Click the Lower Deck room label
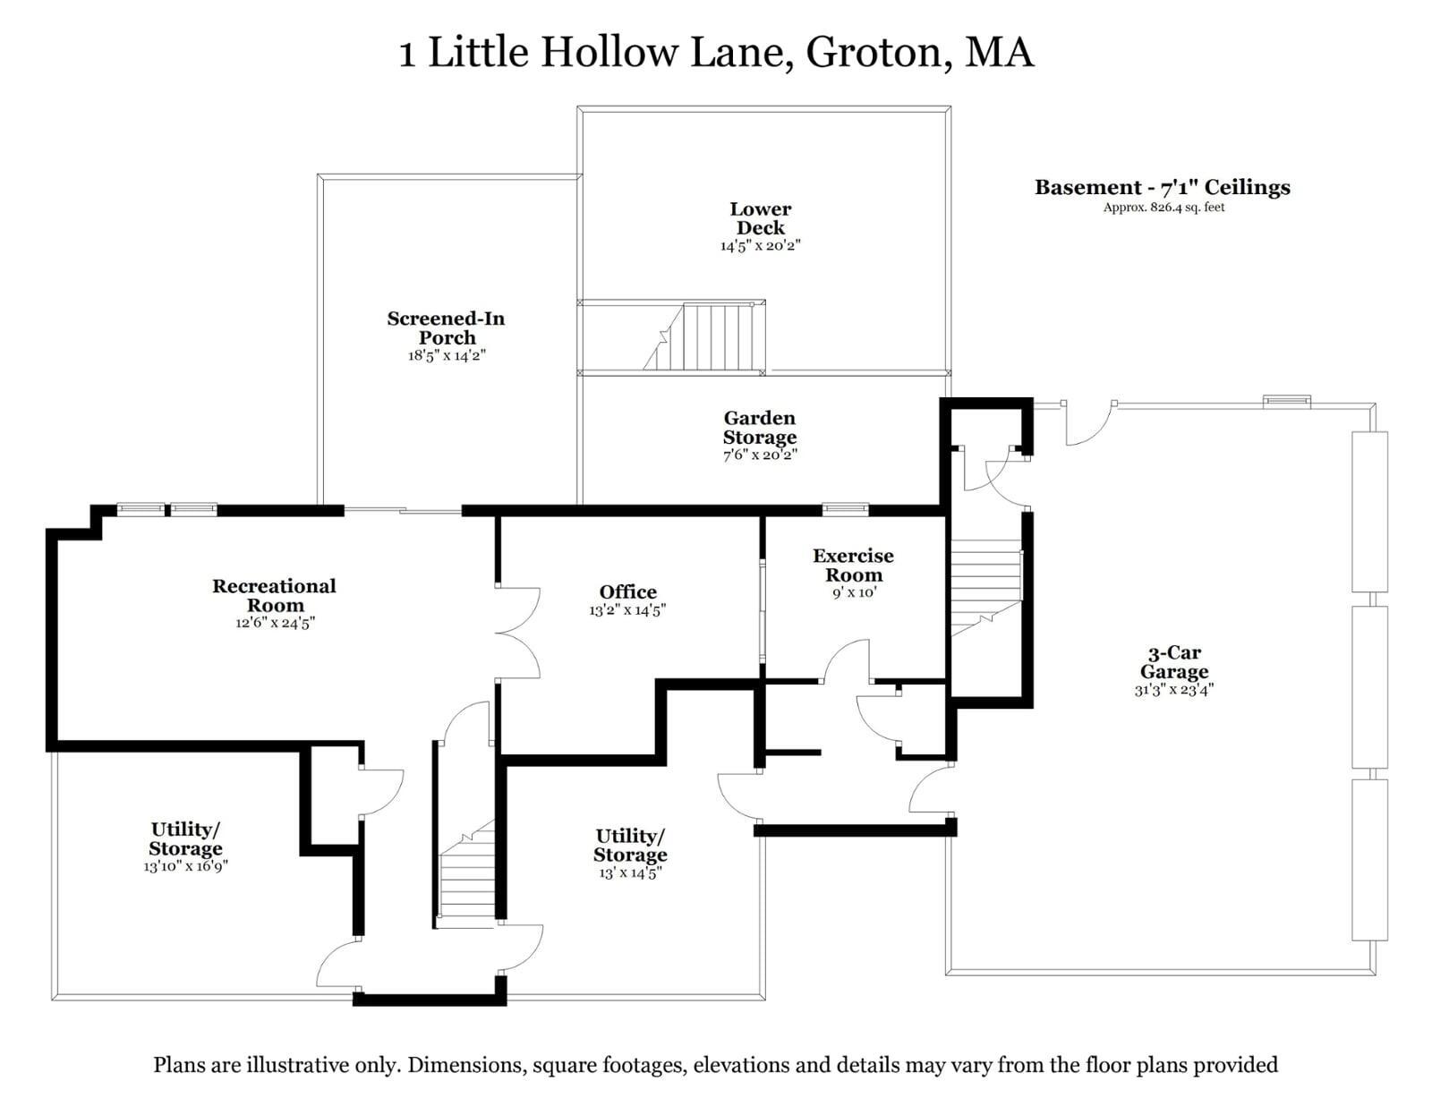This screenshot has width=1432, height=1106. pos(760,218)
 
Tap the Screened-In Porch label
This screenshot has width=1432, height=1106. pos(446,328)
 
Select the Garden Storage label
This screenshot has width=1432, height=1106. pos(760,428)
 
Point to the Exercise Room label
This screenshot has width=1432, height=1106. pos(853,566)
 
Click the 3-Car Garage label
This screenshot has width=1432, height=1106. pos(1174,662)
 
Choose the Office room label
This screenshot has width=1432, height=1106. pos(628,591)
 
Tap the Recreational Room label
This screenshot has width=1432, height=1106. pos(274,595)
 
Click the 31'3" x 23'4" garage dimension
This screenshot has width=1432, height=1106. pos(1174,689)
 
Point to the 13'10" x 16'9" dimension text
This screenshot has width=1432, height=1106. pos(186,866)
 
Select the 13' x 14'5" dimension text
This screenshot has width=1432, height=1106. pos(630,872)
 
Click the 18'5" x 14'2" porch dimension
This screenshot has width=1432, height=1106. pos(447,356)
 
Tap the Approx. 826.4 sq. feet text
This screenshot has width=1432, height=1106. pos(1163,207)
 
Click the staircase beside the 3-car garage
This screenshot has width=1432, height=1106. pos(986,588)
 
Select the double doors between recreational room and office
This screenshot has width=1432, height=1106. pos(518,633)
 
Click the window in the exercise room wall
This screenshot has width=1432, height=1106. pos(846,509)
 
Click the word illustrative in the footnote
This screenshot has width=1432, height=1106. pos(297,1065)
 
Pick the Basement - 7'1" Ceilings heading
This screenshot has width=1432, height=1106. pos(1163,188)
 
